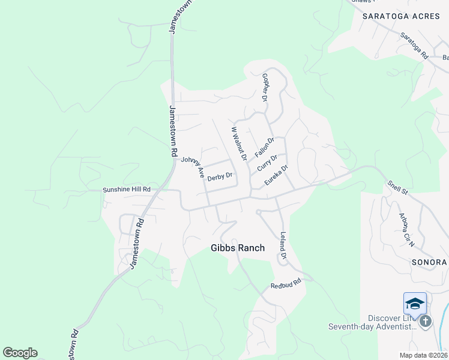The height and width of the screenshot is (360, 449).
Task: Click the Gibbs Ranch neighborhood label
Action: [x=237, y=248]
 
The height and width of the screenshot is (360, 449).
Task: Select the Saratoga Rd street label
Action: [x=415, y=46]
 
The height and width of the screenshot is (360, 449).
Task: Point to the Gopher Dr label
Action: [x=265, y=87]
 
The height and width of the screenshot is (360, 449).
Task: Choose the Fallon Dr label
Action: [x=264, y=147]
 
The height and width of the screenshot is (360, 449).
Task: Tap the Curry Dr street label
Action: [x=267, y=163]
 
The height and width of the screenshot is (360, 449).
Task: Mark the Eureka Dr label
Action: [x=277, y=175]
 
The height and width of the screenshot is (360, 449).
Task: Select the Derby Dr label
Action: [x=219, y=178]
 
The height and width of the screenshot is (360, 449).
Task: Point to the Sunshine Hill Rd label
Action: [x=126, y=189]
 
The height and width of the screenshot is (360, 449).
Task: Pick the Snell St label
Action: [x=397, y=188]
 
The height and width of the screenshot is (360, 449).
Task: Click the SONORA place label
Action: [x=429, y=263]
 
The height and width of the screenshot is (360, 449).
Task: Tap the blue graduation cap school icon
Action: [x=415, y=304]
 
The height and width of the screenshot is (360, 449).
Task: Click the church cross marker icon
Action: [x=426, y=322]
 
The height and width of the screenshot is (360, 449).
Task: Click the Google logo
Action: [x=20, y=353]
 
